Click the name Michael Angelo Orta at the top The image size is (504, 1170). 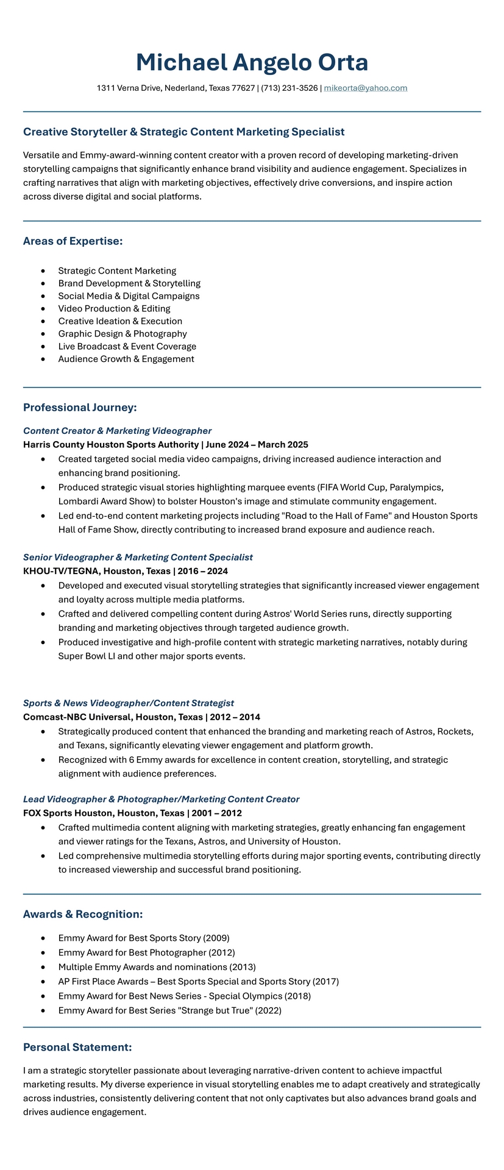(x=252, y=63)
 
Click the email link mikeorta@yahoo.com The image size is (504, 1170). (x=365, y=88)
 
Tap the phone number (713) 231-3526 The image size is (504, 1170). (x=289, y=88)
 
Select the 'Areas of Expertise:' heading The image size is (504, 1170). (x=73, y=241)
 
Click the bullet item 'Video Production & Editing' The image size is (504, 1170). (x=114, y=308)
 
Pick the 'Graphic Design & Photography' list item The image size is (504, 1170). (x=122, y=334)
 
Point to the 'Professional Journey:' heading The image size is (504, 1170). (x=80, y=407)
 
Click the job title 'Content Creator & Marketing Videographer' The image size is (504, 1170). (x=117, y=431)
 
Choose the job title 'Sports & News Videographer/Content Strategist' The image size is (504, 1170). (x=129, y=703)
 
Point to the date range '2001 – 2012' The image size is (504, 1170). (x=216, y=813)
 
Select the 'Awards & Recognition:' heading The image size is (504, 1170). (x=83, y=914)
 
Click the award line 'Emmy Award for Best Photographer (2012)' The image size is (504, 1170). (x=146, y=952)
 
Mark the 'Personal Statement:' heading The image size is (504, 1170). (x=77, y=1048)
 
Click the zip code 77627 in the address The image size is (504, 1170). (x=243, y=88)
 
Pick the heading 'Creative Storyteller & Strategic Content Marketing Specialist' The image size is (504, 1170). (x=183, y=132)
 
